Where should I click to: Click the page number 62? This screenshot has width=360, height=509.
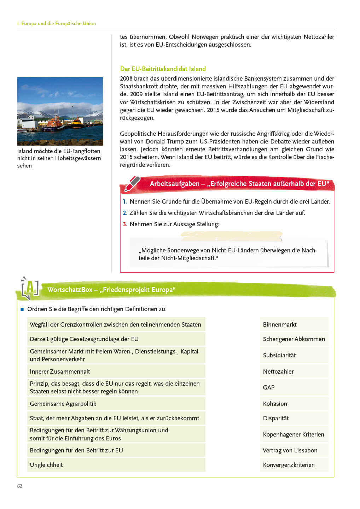tap(20, 486)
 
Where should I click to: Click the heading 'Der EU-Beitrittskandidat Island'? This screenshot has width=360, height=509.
tap(163, 69)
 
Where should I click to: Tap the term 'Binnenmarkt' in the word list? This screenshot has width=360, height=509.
tap(280, 324)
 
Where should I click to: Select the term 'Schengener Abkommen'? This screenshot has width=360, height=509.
tap(294, 339)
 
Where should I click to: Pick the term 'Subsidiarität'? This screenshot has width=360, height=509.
tap(279, 355)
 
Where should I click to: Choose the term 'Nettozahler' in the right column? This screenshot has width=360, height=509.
tap(278, 371)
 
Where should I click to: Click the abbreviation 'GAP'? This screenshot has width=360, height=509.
tap(269, 387)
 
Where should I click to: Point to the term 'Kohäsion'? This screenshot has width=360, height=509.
tap(275, 404)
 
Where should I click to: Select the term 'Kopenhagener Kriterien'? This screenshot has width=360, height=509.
tap(294, 434)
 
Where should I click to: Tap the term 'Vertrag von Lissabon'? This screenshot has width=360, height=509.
tap(290, 450)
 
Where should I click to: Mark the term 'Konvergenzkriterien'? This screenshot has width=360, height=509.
tap(289, 465)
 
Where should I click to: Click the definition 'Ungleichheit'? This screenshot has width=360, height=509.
tap(46, 465)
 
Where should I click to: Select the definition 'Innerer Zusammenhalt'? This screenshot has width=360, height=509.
tap(60, 371)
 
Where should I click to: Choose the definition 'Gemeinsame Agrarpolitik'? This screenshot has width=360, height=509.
tap(63, 404)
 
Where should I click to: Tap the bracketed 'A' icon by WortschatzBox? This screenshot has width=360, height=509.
tap(30, 288)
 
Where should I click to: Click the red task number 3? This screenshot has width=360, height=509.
tap(125, 224)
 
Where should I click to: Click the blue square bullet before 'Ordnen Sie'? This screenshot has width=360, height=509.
tap(22, 309)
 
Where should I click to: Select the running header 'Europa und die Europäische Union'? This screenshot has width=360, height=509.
tap(58, 23)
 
